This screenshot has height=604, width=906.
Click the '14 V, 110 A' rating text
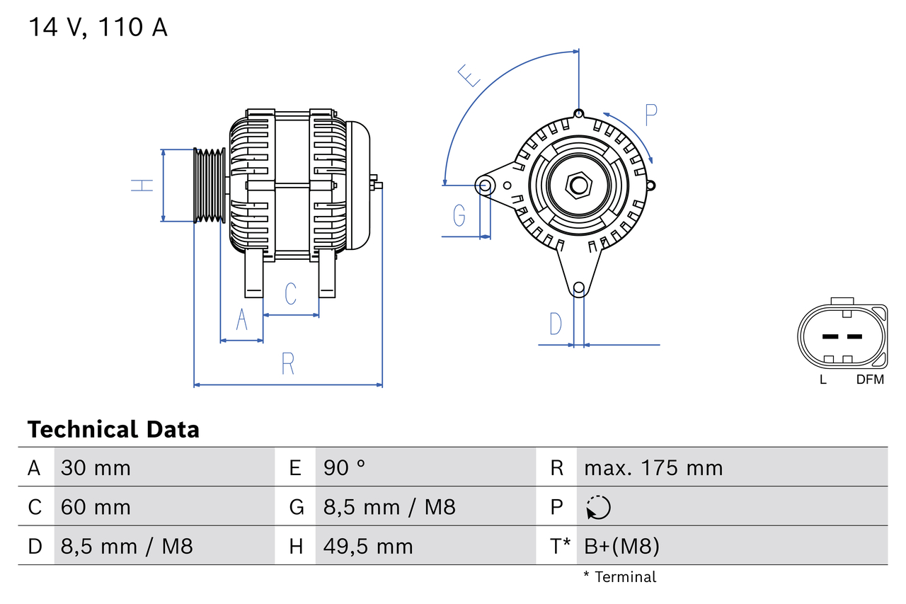98,28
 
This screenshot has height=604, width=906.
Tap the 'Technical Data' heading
113,430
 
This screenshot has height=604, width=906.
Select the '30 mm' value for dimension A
96,468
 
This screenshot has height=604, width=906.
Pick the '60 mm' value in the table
96,507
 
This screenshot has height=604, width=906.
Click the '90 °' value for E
345,468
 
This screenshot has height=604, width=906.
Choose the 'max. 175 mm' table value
653,468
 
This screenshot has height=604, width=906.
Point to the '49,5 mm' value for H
368,547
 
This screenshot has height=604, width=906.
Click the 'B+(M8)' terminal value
621,547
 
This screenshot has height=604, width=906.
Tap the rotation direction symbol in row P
598,507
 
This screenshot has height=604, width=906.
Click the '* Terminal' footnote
619,577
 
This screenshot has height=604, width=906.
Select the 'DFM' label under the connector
870,380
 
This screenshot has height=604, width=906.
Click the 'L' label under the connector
822,380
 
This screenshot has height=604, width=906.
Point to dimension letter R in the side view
287,364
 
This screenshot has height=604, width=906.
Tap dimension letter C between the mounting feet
290,293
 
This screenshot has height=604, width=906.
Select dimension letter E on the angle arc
469,75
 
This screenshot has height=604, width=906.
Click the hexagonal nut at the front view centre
579,186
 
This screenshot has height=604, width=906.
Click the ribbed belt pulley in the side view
210,186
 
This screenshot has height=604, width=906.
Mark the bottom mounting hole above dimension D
579,287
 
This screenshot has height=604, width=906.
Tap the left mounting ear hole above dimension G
485,186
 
